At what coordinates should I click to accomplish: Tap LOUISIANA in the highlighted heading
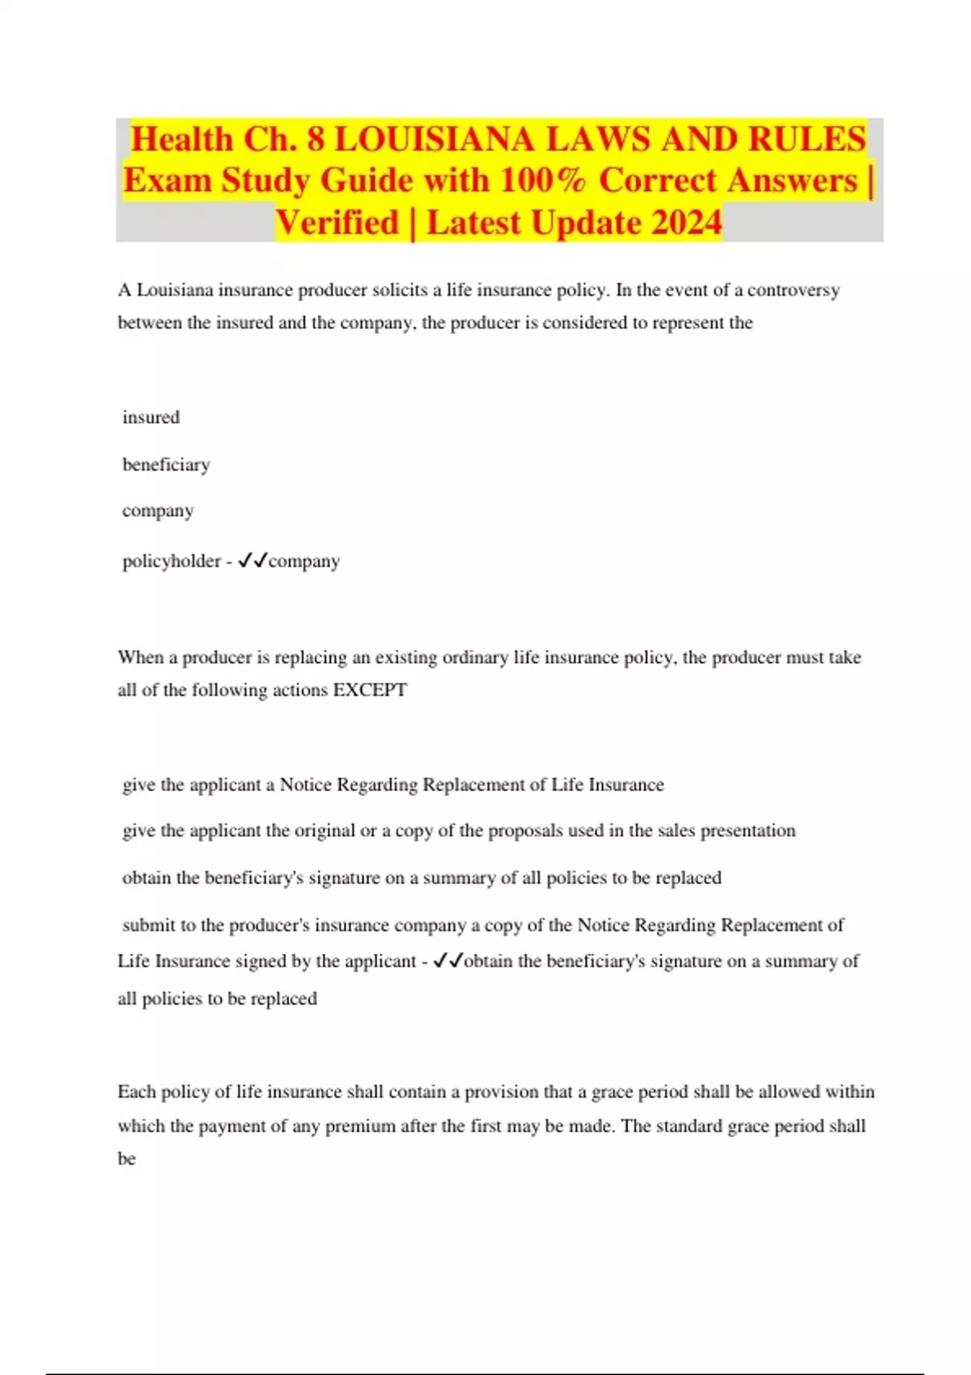coord(435,139)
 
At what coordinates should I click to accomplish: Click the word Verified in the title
coord(337,222)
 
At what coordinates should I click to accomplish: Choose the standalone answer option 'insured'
coord(151,417)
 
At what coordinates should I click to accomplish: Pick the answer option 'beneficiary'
coord(166,464)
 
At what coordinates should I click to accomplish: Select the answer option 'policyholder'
coord(171,561)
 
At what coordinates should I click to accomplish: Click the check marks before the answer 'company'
coord(252,561)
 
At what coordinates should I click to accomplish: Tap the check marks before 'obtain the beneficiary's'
coord(447,961)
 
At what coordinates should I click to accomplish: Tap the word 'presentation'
coord(748,831)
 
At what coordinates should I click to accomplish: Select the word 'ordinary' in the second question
coord(476,657)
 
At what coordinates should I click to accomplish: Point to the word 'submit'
coord(148,924)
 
